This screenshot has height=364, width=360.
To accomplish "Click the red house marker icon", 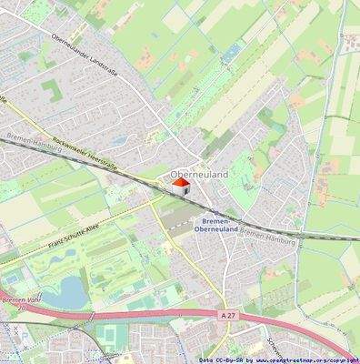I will [x=180, y=187].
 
